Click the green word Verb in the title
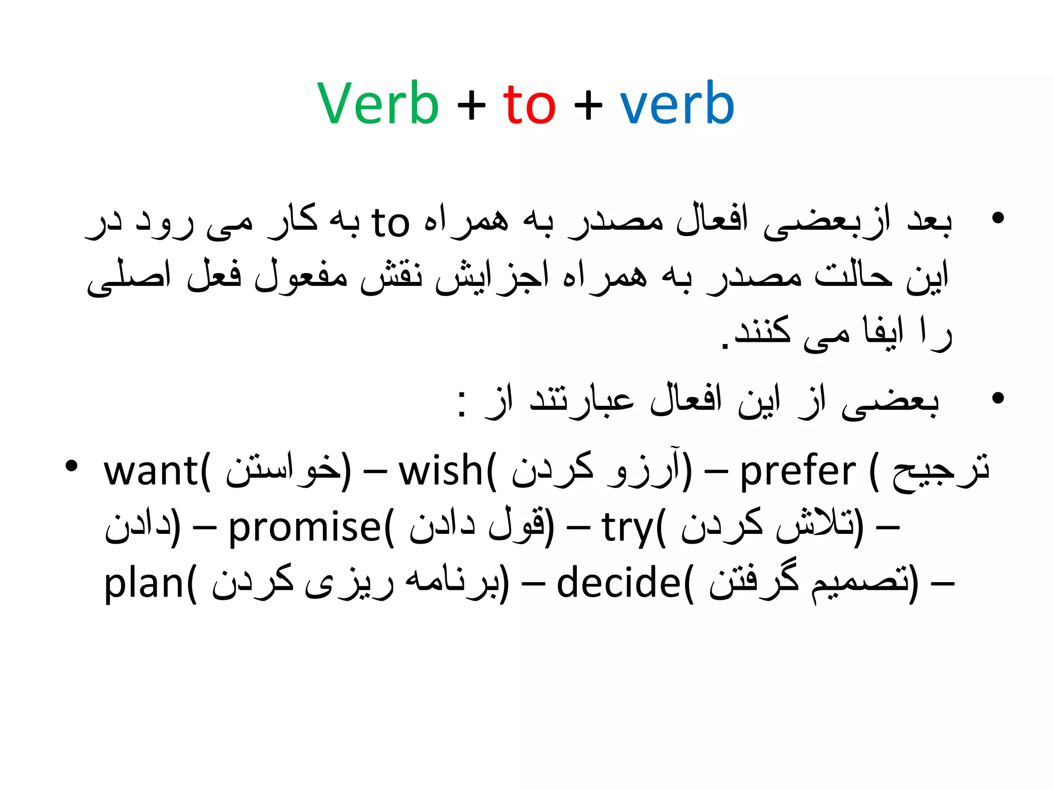point(378,104)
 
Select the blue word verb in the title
point(677,104)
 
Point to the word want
point(151,472)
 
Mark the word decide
point(619,584)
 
